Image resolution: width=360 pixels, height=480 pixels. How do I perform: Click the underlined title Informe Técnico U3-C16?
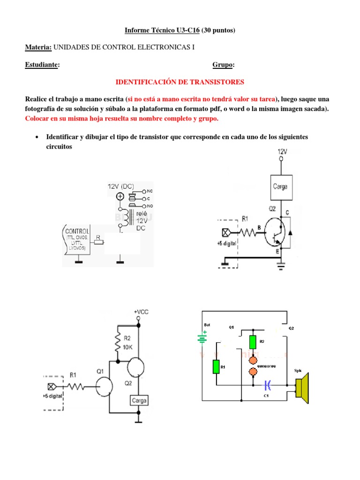162,30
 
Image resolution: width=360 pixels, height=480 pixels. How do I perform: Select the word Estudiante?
42,65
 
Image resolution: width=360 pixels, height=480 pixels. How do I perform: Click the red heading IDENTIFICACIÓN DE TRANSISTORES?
180,82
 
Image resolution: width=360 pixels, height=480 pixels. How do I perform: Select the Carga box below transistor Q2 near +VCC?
139,401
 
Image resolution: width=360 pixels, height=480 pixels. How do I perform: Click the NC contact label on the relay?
150,191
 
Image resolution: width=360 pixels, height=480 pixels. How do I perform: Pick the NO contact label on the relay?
150,206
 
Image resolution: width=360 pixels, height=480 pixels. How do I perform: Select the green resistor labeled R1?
216,367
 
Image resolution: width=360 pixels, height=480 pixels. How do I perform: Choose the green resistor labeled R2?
253,342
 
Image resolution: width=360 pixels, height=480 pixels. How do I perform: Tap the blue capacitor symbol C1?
267,385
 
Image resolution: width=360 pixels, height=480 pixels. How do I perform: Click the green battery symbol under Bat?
202,337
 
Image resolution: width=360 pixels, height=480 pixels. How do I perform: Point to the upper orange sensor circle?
253,360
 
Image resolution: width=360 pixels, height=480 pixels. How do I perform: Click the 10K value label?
128,347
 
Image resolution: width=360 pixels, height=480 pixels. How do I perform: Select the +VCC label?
141,311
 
